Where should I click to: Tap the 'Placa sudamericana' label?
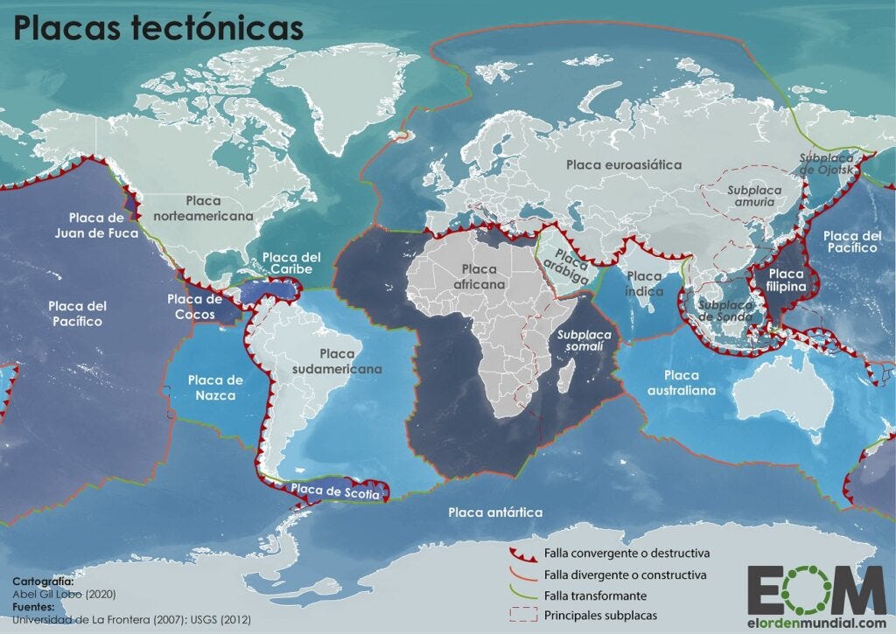(338, 361)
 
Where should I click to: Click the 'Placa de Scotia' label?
(336, 491)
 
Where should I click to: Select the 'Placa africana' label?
(479, 276)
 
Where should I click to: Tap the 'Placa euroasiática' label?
(623, 164)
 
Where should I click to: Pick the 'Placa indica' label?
(644, 283)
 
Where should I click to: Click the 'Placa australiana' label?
(677, 382)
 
